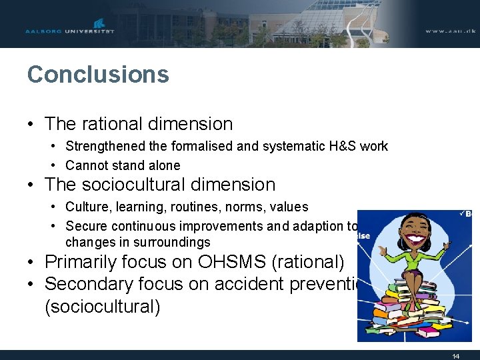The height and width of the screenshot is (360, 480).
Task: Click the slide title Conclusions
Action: [x=98, y=74]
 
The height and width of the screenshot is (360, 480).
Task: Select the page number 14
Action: [x=455, y=356]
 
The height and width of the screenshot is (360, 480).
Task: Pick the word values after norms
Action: [x=290, y=207]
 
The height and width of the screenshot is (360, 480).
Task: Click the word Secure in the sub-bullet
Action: [x=87, y=226]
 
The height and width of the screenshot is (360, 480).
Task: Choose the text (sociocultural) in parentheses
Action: [x=102, y=307]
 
